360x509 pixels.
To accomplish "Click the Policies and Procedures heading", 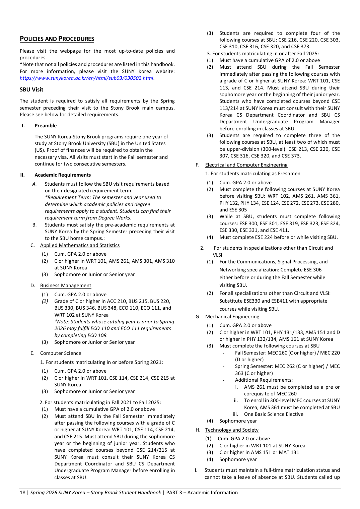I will [x=57, y=39].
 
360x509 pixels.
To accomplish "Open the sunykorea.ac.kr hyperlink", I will [x=86, y=78].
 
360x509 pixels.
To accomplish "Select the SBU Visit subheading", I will [x=31, y=89].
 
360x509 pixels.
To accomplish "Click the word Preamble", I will [x=46, y=126].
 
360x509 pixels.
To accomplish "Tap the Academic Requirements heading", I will [x=63, y=175].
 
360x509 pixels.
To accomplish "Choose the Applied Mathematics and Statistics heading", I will [x=80, y=245].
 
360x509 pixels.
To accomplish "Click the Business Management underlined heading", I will [x=66, y=285].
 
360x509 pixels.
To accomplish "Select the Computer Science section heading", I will [x=61, y=353].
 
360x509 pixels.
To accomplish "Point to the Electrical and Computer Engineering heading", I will [x=246, y=165].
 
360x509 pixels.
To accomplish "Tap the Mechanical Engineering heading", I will [x=232, y=317].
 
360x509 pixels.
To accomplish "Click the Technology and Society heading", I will [x=232, y=430].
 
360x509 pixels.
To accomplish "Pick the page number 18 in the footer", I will [x=22, y=493].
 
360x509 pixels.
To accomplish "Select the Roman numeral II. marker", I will [x=22, y=175].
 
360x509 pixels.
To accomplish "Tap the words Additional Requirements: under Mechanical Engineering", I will [x=264, y=380].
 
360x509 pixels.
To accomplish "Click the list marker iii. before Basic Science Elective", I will [x=235, y=414].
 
